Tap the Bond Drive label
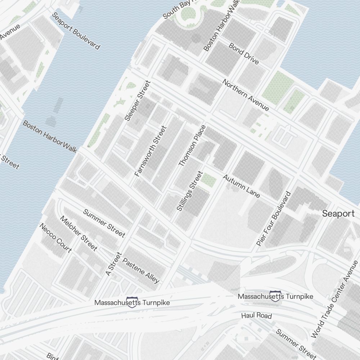(244, 54)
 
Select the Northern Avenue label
(246, 95)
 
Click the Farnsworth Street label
(150, 151)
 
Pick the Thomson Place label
(192, 145)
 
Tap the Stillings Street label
(190, 191)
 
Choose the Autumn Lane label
(241, 186)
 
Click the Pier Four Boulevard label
(273, 219)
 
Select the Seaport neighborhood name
(338, 213)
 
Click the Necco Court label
(55, 238)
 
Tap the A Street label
(114, 264)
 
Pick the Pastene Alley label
(141, 270)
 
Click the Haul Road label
(256, 316)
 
